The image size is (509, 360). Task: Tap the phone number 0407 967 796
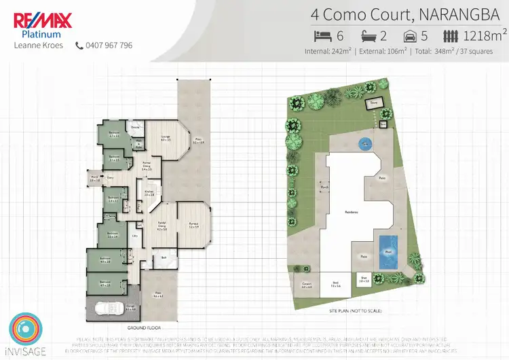109,46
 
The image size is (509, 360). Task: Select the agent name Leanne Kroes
38,46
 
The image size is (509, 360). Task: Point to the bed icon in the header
321,35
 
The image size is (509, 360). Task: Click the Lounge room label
164,138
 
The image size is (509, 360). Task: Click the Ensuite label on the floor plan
135,127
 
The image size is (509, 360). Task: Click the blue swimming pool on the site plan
388,245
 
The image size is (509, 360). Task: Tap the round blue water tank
366,143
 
